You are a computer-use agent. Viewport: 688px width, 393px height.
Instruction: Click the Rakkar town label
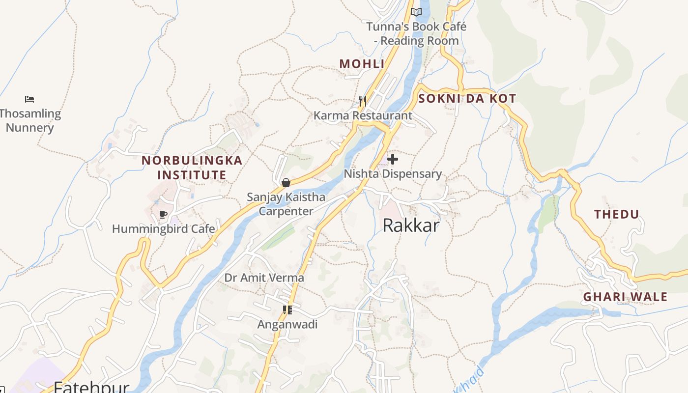pos(411,225)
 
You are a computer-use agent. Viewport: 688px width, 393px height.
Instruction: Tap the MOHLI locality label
pos(362,64)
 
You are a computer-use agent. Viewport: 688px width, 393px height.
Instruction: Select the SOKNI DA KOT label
pos(467,98)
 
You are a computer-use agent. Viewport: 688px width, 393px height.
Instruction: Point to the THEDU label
pos(617,214)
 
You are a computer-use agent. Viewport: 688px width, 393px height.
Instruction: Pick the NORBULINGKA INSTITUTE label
pos(192,168)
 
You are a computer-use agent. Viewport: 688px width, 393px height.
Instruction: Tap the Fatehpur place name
pos(91,387)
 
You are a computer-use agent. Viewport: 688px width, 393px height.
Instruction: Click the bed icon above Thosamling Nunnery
pos(29,99)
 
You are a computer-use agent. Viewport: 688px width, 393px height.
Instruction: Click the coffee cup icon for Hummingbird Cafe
pos(164,214)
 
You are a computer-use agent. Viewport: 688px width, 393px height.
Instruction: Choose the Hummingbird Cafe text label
pos(164,229)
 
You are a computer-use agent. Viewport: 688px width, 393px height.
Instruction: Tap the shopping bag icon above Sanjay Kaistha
pos(286,183)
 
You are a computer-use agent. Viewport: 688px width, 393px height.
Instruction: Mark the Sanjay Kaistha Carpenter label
pos(286,204)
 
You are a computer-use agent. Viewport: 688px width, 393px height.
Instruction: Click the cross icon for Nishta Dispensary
pos(393,159)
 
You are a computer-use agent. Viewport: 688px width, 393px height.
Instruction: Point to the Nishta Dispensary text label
pos(393,174)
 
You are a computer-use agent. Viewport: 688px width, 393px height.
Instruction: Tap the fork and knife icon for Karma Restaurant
pos(363,101)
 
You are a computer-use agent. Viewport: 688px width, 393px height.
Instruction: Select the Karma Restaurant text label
pos(363,116)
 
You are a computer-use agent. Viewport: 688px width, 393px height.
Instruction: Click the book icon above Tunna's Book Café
pos(416,12)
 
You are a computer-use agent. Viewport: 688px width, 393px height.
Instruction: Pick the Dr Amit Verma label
pos(264,278)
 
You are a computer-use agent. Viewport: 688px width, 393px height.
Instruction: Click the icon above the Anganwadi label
pos(287,310)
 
